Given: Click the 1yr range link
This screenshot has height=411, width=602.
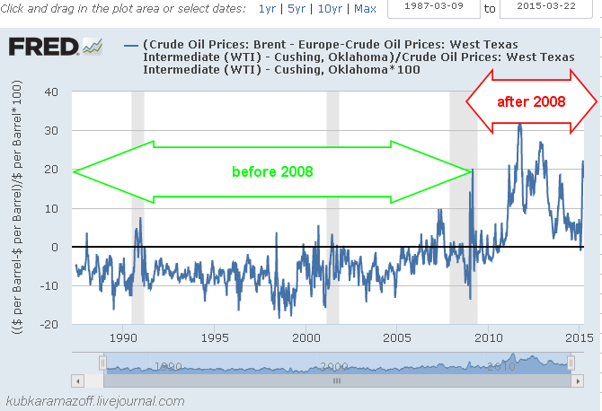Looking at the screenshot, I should click(267, 9).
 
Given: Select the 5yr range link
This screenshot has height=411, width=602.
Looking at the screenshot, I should click(296, 9).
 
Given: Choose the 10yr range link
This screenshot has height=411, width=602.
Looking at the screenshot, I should click(328, 9).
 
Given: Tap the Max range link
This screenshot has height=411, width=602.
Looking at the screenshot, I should click(366, 9).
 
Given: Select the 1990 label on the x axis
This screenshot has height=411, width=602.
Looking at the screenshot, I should click(121, 337).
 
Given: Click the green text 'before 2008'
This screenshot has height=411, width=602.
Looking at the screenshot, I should click(273, 171).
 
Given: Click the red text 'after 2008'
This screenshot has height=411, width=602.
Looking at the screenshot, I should click(531, 101).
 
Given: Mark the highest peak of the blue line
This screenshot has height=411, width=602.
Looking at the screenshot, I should click(519, 124).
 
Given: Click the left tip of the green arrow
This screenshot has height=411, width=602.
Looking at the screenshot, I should click(74, 171).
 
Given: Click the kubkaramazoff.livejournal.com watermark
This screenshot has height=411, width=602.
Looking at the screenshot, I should click(95, 401).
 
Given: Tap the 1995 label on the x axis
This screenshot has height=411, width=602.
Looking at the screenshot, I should click(214, 337).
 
